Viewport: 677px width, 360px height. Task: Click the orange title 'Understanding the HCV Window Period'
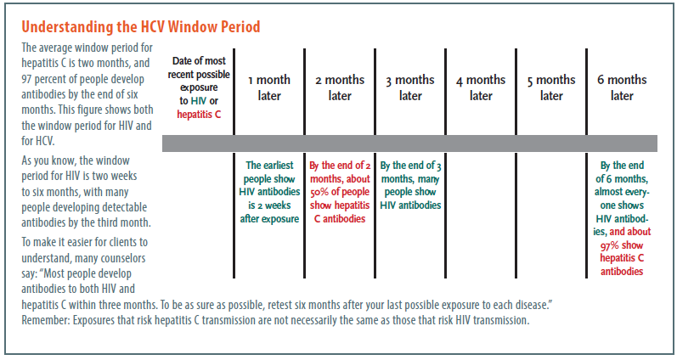pyautogui.click(x=141, y=27)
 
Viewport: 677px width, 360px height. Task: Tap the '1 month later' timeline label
pyautogui.click(x=269, y=87)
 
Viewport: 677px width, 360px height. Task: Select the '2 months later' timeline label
pyautogui.click(x=340, y=87)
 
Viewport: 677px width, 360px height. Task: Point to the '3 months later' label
pyautogui.click(x=410, y=87)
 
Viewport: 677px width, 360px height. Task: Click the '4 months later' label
pyautogui.click(x=481, y=87)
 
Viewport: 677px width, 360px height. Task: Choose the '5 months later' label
pyautogui.click(x=551, y=87)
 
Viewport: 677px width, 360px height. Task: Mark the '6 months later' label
pyautogui.click(x=622, y=87)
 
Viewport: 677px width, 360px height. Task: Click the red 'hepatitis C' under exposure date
pyautogui.click(x=199, y=115)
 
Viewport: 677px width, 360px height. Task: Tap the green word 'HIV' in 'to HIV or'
pyautogui.click(x=199, y=101)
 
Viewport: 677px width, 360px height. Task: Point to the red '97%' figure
pyautogui.click(x=610, y=245)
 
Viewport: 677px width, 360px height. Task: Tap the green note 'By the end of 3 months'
pyautogui.click(x=410, y=172)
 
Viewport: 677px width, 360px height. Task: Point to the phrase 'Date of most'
pyautogui.click(x=199, y=61)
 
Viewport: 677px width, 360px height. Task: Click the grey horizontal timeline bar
pyautogui.click(x=409, y=143)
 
